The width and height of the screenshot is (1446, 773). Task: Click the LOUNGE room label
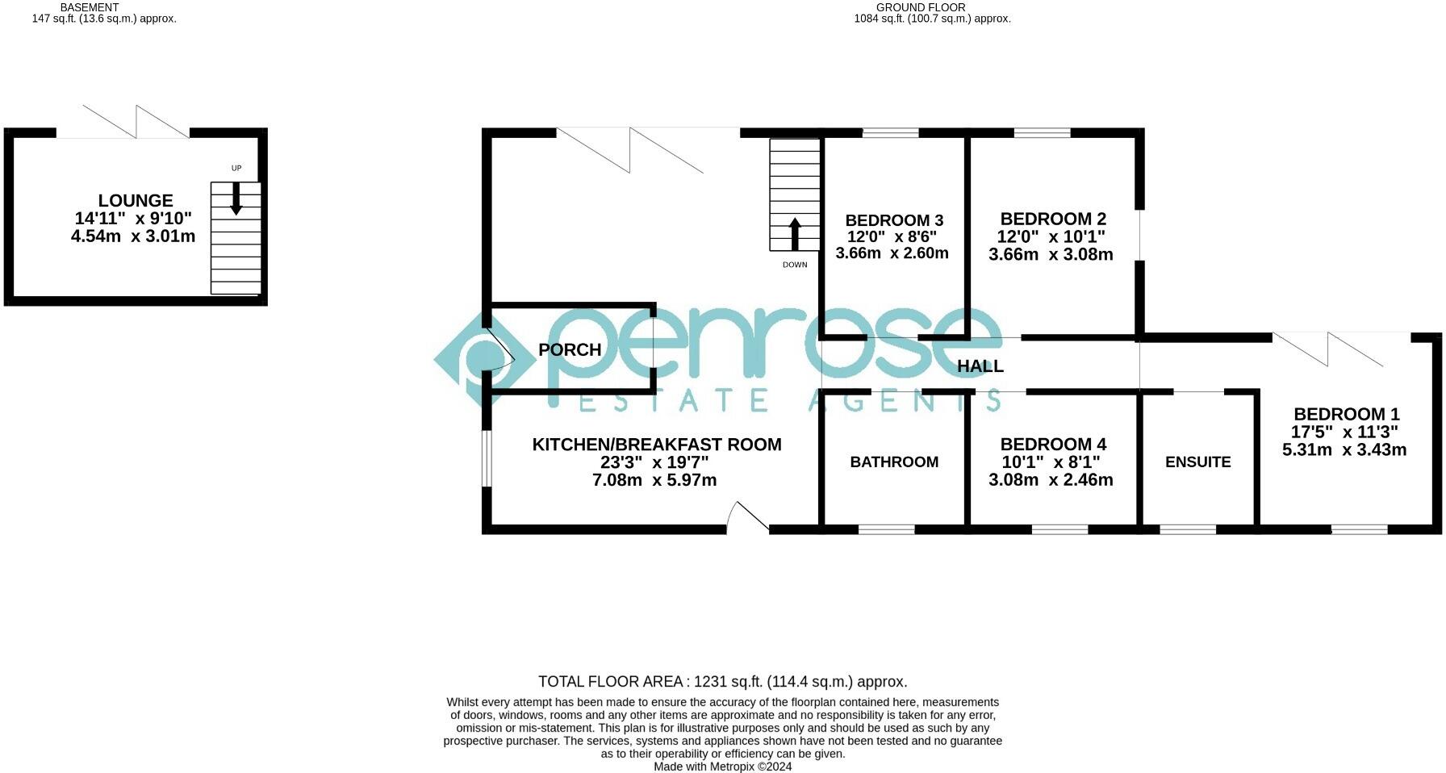click(136, 201)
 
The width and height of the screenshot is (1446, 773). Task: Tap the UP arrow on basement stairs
click(236, 198)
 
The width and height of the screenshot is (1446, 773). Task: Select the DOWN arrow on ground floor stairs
click(794, 233)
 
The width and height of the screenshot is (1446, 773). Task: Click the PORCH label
click(570, 349)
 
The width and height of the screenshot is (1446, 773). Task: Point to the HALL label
click(980, 366)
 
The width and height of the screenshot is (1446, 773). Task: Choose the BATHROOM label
click(894, 462)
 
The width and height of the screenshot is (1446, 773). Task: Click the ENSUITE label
click(1197, 462)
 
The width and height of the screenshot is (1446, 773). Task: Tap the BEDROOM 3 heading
click(894, 220)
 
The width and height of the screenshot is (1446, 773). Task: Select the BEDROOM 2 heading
click(1053, 219)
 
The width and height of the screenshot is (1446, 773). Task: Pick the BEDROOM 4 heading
click(1053, 444)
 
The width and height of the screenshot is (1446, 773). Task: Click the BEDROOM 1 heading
click(1346, 414)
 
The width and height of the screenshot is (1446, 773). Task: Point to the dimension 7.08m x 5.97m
click(654, 480)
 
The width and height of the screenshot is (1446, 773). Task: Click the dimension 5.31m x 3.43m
click(1344, 449)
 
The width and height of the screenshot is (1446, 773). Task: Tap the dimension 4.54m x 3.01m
click(133, 236)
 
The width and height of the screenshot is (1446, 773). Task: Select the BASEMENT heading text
click(90, 7)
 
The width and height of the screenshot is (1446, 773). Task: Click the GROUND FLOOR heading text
click(932, 7)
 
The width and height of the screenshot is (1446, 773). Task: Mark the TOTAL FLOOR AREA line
click(722, 682)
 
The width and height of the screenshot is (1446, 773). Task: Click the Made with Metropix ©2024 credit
click(722, 767)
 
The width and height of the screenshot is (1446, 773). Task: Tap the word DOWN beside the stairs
click(795, 265)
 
